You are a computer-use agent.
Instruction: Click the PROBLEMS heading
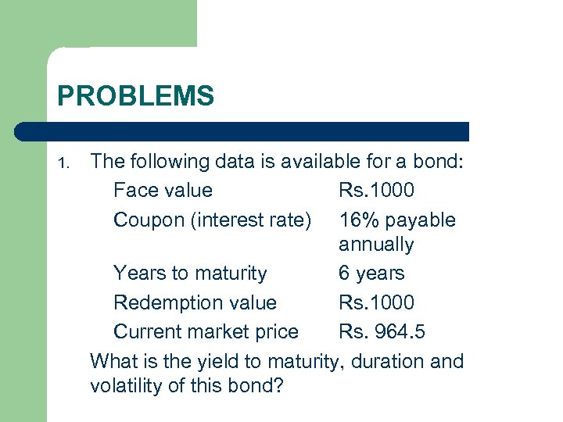point(135,96)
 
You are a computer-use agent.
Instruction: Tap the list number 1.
point(66,163)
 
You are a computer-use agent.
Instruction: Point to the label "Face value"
point(163,190)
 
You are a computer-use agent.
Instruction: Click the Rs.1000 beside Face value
point(377,190)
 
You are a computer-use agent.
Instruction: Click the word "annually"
point(376,245)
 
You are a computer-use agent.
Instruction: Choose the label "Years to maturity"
point(190,273)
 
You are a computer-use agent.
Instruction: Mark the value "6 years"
point(371,273)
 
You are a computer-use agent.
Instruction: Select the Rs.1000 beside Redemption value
point(377,302)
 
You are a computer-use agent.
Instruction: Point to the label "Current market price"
point(206,331)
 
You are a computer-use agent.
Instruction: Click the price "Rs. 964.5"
point(382,331)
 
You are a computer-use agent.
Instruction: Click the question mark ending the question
point(277,386)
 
